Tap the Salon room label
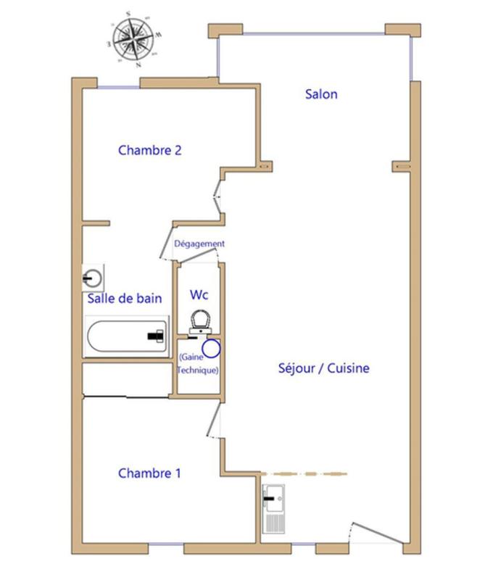coord(321,94)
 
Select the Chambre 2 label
coord(150,150)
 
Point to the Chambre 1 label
coord(149,473)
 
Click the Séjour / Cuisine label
coord(324,368)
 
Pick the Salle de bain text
coord(125,298)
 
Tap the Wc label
coord(199,295)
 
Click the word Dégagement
coord(199,244)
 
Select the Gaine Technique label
coord(198,364)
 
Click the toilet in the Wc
coord(200,323)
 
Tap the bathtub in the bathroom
coord(127,336)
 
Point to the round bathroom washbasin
coord(93,278)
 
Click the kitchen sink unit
coord(273,509)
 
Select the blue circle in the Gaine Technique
coord(211,349)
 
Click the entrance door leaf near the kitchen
coord(377,533)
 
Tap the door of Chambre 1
coord(213,419)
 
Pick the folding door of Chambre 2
coord(218,196)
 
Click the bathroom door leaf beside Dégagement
coord(167,242)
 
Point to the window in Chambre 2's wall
coord(118,88)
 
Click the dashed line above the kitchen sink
coord(304,474)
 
